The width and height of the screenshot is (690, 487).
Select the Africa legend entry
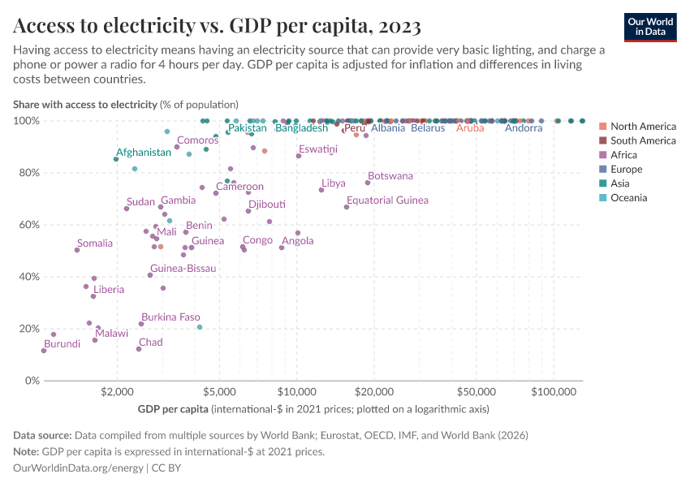coord(624,155)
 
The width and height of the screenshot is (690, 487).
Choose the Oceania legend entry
coord(628,197)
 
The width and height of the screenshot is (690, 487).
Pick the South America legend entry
coord(642,140)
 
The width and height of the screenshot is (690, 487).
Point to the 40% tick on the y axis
coord(27,277)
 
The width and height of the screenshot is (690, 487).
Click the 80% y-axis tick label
coord(27,173)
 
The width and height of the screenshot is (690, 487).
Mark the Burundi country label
coord(62,344)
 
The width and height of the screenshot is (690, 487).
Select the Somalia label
coord(95,243)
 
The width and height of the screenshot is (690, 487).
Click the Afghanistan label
coord(143,153)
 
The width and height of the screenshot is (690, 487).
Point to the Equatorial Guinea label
coord(387,200)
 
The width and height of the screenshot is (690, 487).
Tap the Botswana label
coord(390,176)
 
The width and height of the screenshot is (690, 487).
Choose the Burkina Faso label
coord(170,317)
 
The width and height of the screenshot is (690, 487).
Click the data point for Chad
coord(139,349)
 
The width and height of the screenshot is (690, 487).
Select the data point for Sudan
coord(127,209)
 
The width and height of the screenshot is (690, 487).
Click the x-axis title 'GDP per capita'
coord(174,408)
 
